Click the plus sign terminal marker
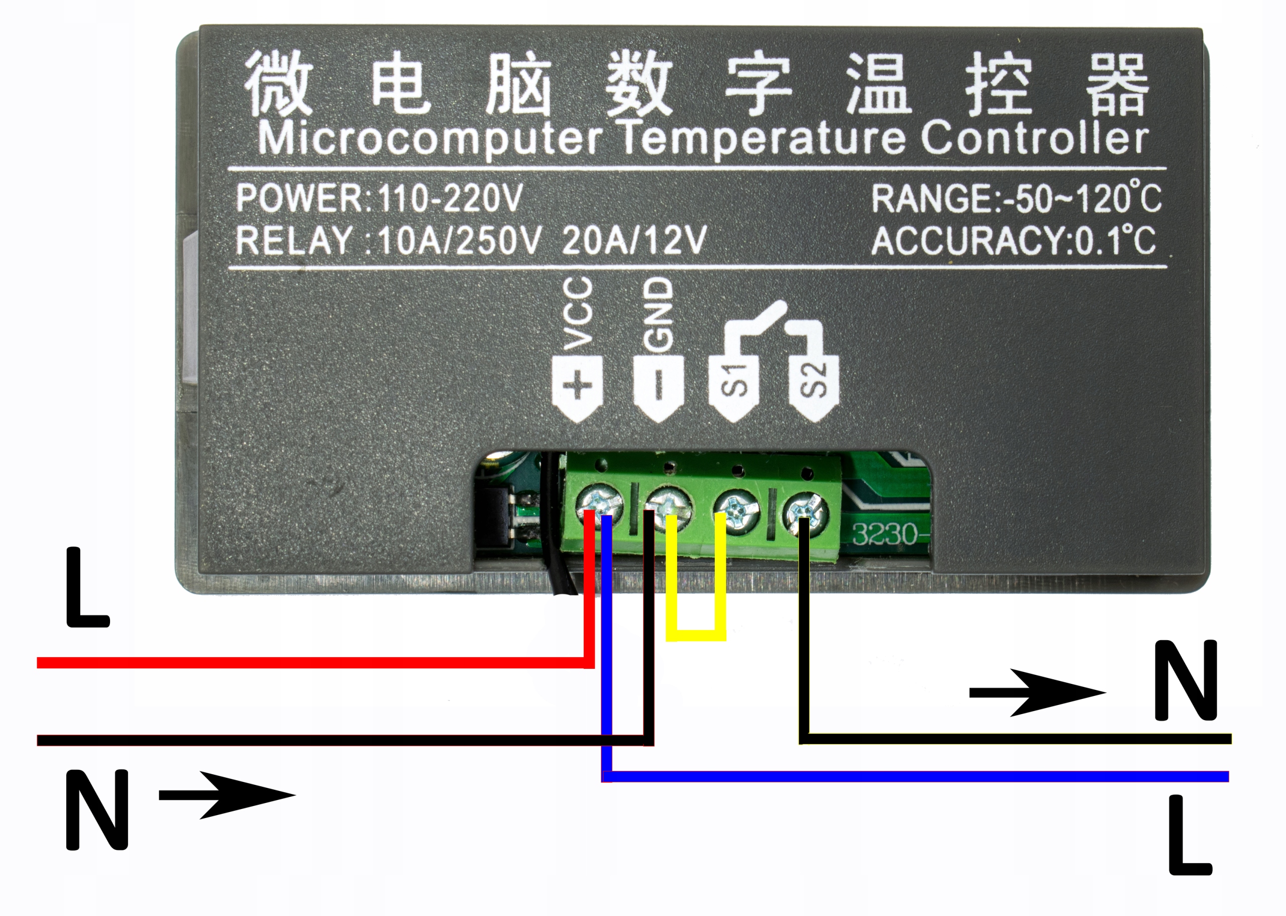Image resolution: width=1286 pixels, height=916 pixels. pyautogui.click(x=578, y=387)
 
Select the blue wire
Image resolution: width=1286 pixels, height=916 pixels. pyautogui.click(x=902, y=777)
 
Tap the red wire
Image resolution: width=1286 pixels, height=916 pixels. pyautogui.click(x=310, y=662)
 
